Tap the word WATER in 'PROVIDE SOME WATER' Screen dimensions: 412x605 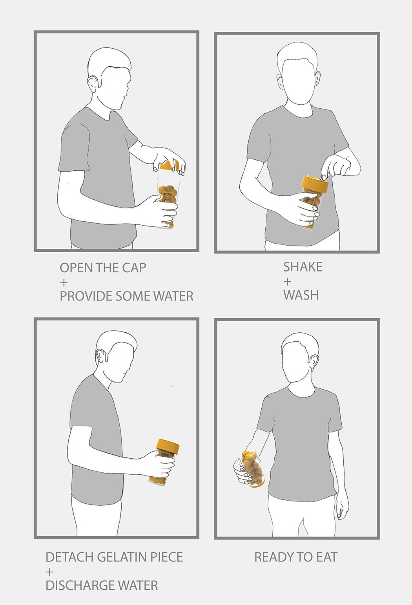[173, 296]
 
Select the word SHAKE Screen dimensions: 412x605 [303, 267]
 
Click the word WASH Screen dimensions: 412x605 [301, 295]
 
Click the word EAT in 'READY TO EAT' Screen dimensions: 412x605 [327, 557]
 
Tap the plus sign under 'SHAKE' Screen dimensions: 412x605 [287, 282]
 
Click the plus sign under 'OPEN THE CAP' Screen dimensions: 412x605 [64, 282]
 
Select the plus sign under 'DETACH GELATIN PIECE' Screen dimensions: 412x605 [49, 572]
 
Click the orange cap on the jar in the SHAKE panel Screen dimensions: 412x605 [315, 183]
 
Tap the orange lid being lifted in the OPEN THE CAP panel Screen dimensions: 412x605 [170, 165]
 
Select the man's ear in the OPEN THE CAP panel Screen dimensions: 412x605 [93, 84]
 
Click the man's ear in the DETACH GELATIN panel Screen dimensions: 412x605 [100, 356]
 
